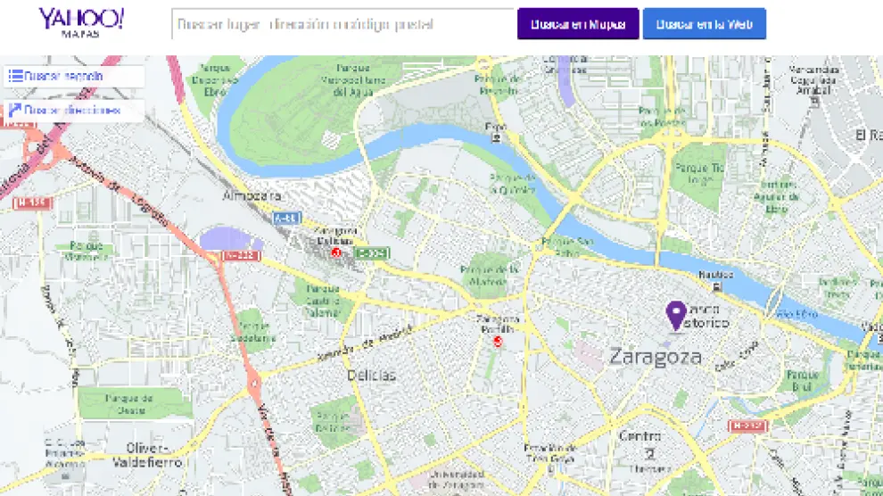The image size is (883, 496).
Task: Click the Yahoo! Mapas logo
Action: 81,22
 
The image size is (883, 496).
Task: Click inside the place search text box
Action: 342,24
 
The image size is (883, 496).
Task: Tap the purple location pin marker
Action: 677,315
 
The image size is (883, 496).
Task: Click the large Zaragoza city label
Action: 655,358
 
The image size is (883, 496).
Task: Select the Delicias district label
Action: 371,376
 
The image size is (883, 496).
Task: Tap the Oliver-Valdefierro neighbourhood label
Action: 147,455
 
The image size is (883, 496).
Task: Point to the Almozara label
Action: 252,195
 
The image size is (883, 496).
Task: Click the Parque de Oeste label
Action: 130,404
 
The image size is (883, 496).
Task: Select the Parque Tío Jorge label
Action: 698,172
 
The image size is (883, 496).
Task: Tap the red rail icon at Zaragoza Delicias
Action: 336,253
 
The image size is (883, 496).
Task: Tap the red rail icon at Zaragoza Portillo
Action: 498,341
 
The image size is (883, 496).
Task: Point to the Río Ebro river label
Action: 796,314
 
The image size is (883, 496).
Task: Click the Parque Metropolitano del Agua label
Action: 340,79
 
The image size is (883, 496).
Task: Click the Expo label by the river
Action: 495,128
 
